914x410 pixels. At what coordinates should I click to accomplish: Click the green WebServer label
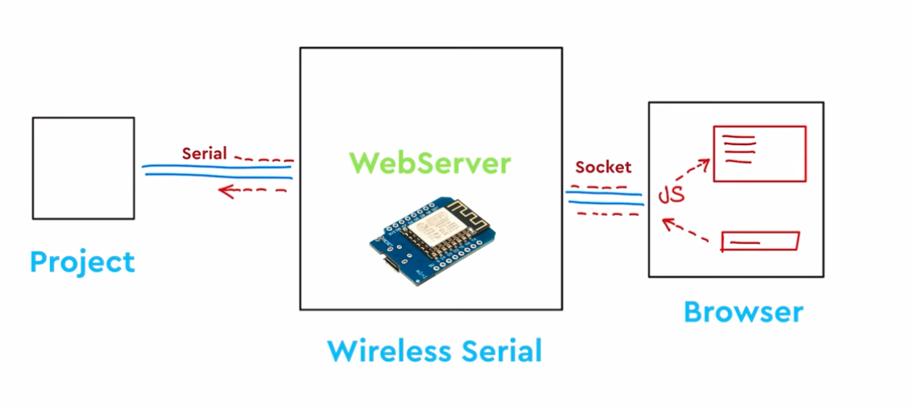click(x=431, y=164)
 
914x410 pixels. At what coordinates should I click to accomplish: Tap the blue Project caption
click(x=82, y=262)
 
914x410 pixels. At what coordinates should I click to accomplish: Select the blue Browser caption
click(x=743, y=311)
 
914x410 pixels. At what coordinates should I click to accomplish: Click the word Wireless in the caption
click(x=383, y=351)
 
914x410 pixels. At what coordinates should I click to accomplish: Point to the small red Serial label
click(x=205, y=153)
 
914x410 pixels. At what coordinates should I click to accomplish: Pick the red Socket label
click(x=603, y=168)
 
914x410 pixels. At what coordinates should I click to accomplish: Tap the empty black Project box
click(x=83, y=168)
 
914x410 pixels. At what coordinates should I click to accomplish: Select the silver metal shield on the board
click(x=435, y=230)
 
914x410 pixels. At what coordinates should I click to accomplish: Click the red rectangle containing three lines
click(x=759, y=153)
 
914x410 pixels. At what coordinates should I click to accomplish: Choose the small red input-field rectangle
click(x=759, y=241)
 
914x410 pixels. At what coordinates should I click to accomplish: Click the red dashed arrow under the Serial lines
click(x=253, y=191)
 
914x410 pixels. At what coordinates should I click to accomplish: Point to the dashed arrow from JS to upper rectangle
click(x=691, y=172)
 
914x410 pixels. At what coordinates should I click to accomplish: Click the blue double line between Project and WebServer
click(x=217, y=172)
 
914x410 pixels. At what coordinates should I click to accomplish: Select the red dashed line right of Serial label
click(x=262, y=159)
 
